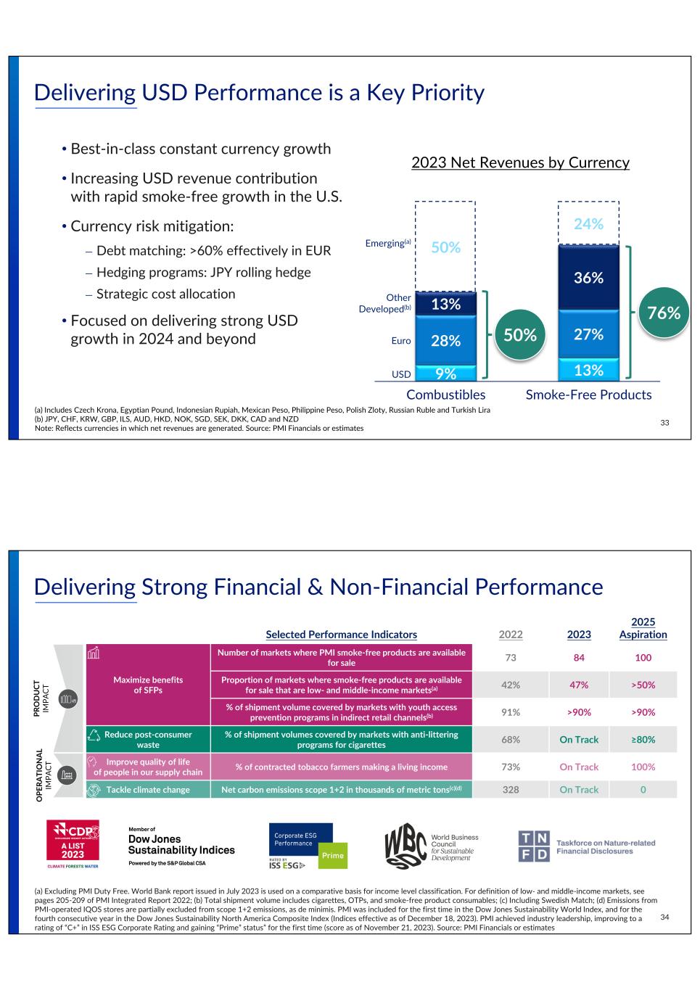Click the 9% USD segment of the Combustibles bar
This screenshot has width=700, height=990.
click(445, 374)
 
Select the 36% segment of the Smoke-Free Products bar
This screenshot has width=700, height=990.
click(588, 278)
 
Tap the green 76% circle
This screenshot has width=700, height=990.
click(664, 313)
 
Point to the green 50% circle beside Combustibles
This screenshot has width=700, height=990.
click(520, 335)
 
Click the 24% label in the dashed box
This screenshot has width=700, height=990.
click(588, 224)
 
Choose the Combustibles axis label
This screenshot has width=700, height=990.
click(445, 395)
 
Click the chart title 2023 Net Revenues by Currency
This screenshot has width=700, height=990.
click(520, 162)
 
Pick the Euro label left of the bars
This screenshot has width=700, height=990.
click(401, 341)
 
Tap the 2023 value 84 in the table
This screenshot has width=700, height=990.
click(578, 658)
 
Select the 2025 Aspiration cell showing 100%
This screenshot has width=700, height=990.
click(643, 767)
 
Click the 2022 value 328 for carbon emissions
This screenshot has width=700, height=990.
click(511, 790)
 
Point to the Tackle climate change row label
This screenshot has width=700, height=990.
click(148, 790)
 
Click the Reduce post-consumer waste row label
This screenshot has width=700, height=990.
click(148, 740)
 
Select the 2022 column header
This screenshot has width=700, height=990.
click(511, 635)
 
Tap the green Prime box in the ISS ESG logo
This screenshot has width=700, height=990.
click(333, 856)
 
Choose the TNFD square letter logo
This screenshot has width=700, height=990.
click(534, 846)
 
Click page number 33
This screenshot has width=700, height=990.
click(664, 423)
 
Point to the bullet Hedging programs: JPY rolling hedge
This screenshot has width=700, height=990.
click(203, 272)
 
